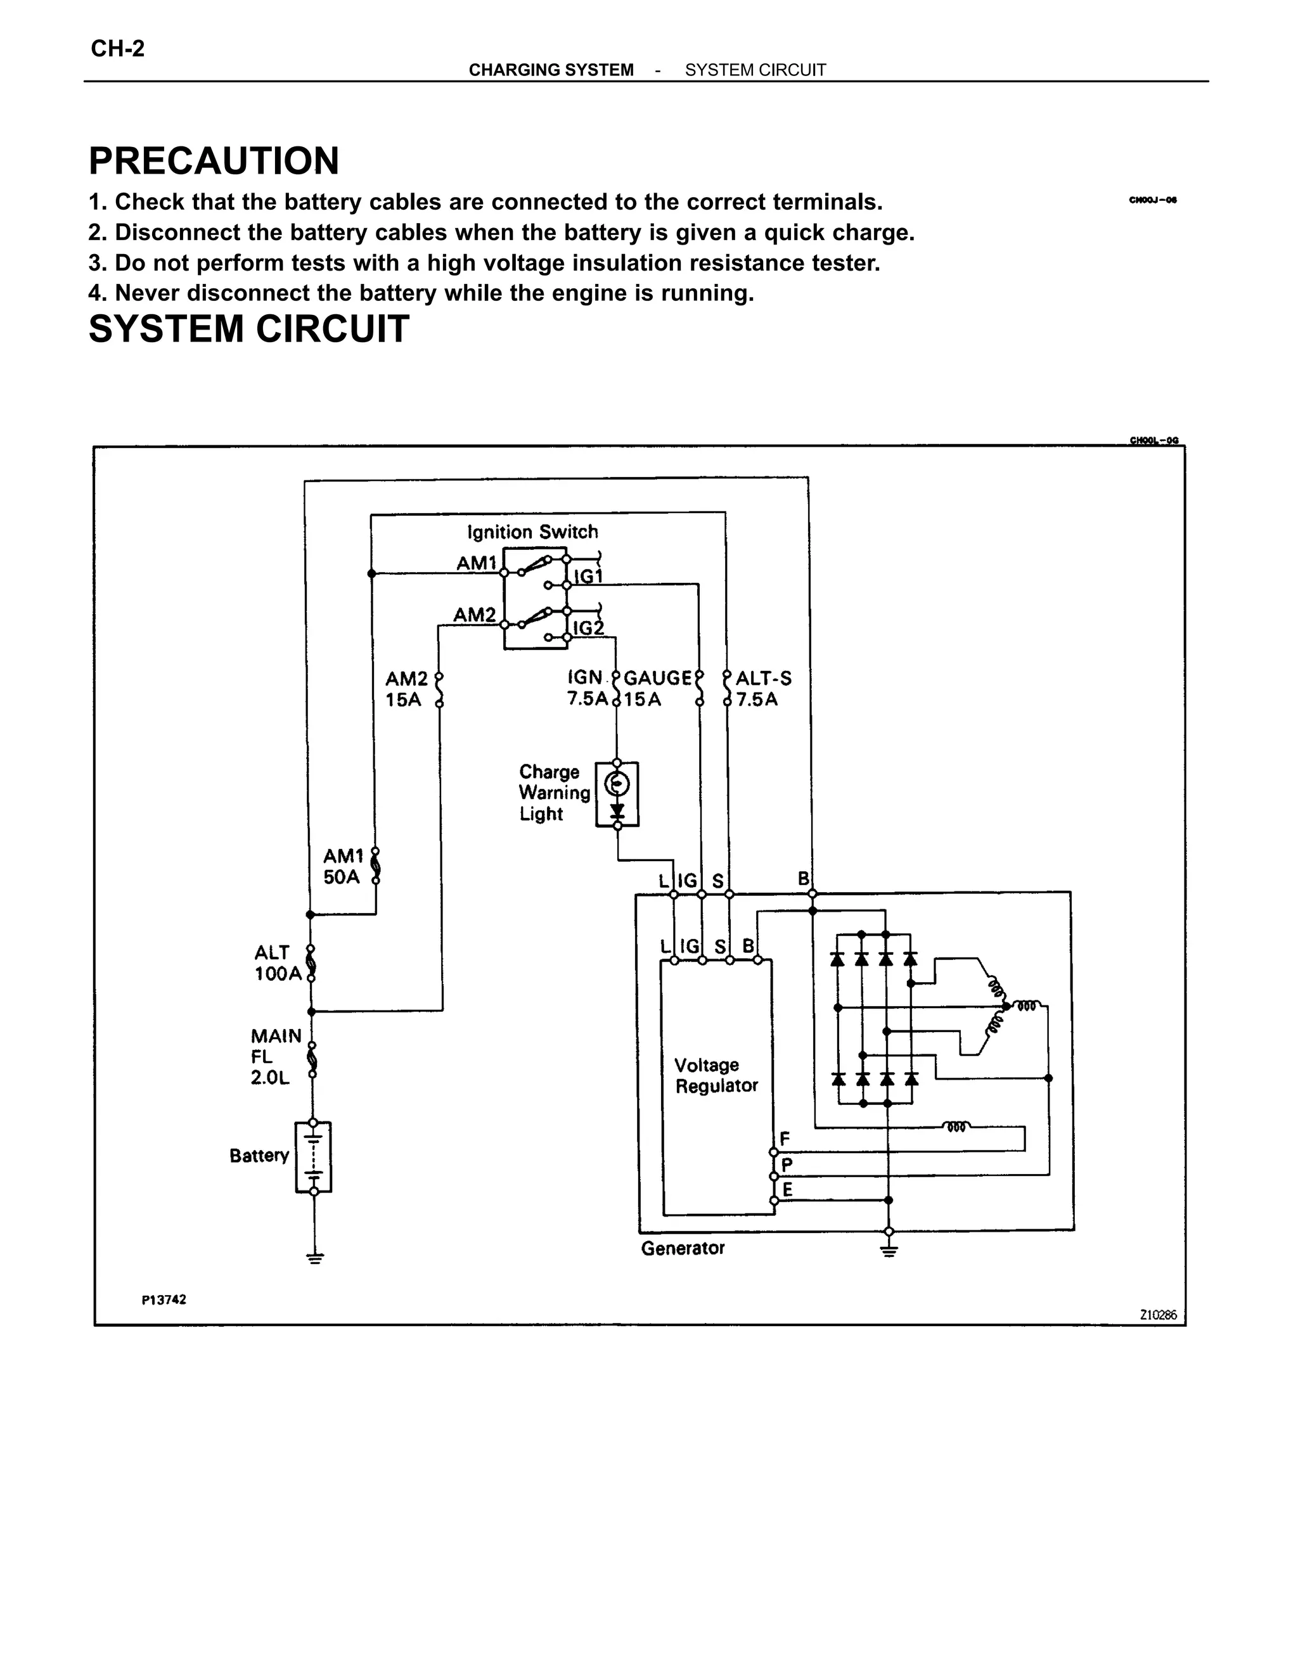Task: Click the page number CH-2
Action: [118, 49]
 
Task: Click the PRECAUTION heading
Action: [214, 162]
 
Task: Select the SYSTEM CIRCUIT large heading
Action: [248, 329]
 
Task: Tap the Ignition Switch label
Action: [532, 532]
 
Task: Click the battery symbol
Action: [314, 1158]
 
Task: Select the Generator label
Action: [683, 1248]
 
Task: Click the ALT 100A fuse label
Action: [278, 963]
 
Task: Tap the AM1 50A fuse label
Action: [343, 866]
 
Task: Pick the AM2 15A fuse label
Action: [406, 689]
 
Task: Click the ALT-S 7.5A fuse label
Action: [763, 689]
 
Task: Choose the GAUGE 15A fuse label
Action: [657, 689]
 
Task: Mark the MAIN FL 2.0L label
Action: [275, 1057]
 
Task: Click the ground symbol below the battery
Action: [314, 1258]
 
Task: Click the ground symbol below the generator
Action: [889, 1251]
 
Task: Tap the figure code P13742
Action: [164, 1299]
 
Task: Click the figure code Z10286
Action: [1157, 1315]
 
